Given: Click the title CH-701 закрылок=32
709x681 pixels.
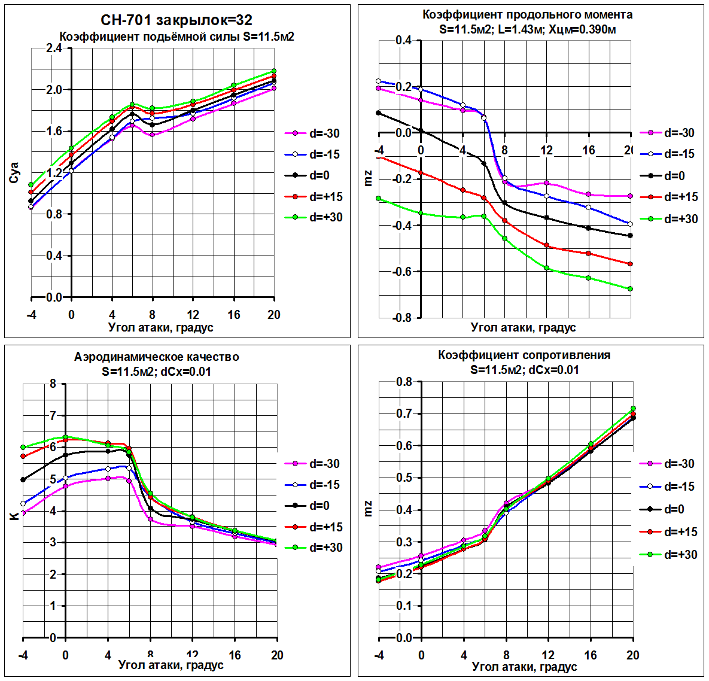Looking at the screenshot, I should coord(177,20).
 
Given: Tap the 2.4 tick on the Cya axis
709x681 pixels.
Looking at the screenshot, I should coord(54,48).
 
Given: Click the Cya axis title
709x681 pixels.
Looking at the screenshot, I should coord(14,172).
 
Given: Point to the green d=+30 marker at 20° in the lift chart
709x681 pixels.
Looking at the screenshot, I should coord(274,71).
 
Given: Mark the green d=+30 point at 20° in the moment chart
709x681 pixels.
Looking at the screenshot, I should coord(631,289).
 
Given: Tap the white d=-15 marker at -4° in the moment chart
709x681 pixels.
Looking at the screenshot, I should coord(378,81).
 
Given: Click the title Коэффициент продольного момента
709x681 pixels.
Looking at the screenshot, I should coord(527,14).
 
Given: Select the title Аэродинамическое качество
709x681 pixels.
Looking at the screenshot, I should coord(156,357).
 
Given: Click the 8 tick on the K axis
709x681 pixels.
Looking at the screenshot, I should coord(53,384).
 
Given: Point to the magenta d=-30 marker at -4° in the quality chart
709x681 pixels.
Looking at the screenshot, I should coord(23,513).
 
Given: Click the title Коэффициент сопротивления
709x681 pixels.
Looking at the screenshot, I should coord(524,355).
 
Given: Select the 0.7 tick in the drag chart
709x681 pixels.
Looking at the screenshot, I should coord(404,414).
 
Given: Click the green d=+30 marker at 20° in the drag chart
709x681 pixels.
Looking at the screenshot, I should coord(633,409).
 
